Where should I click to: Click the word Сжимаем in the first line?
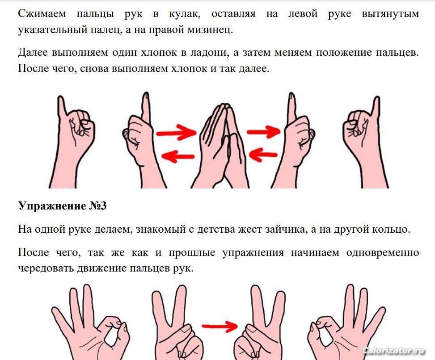[x=42, y=13]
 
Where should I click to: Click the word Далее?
[x=33, y=52]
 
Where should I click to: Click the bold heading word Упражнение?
[x=52, y=206]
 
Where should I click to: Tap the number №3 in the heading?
[x=97, y=206]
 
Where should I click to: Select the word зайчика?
[x=287, y=230]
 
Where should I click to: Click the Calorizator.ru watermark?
[x=394, y=350]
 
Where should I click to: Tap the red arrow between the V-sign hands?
[x=219, y=326]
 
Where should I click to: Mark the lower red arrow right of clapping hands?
[x=263, y=155]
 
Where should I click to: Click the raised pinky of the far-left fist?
[x=61, y=106]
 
